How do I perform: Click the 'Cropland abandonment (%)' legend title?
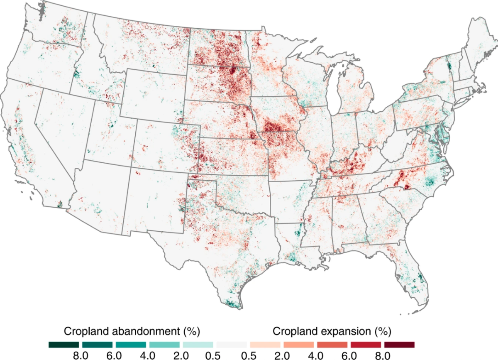pos(132,331)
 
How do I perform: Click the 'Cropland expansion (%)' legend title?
pos(332,331)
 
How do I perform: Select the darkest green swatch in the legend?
pos(63,345)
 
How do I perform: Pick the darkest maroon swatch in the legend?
pos(399,345)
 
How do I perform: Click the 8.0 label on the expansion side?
pos(382,355)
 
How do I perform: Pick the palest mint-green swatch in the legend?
pos(198,345)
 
